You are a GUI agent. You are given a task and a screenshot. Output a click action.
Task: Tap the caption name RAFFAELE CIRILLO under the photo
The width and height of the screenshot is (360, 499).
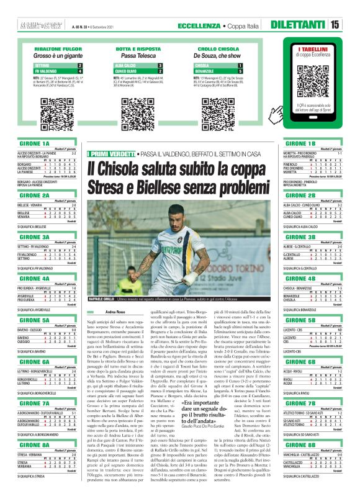point(106,299)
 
